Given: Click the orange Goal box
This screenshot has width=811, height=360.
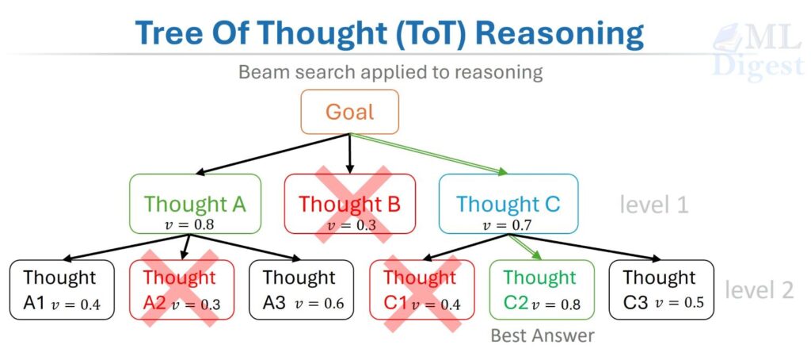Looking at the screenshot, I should pos(349,111).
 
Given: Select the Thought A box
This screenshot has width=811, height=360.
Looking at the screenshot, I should pos(195,204).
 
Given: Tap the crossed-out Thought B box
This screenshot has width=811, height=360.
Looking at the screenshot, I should pos(349,204).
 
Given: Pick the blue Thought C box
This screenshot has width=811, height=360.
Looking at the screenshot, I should pos(508,204).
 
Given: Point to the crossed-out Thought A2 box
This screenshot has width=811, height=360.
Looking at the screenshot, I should pos(181,289).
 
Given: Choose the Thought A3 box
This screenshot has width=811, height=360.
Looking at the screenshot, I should pos(301,289).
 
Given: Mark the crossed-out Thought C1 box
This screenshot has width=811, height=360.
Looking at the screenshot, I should pos(421,289).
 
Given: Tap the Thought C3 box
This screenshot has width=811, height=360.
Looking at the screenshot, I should pos(661,289).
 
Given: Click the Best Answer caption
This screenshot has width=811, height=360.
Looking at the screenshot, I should pos(542,335).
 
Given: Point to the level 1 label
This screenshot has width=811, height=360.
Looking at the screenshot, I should pos(654,205).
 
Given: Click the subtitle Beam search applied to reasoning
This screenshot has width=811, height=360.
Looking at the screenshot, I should pos(391,72).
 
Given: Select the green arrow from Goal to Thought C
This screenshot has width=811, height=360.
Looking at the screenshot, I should pos(428,154).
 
